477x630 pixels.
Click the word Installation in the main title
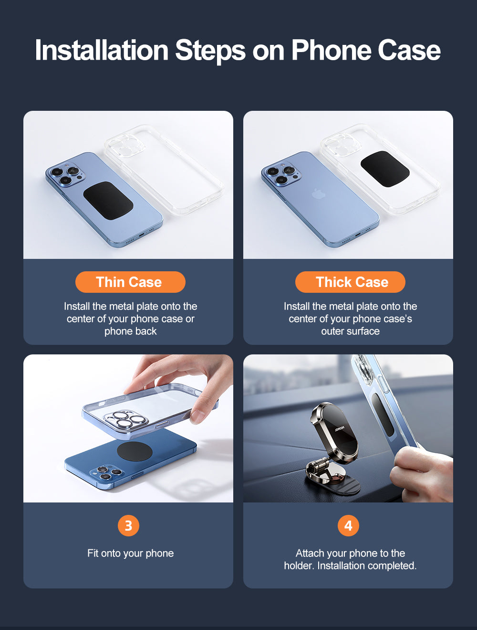102,50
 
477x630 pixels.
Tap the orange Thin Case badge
130,282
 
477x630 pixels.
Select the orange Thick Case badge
350,282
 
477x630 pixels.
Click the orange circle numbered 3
128,525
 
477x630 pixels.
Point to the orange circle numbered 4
348,525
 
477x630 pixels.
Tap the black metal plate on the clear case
384,169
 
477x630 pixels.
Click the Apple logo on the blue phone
317,194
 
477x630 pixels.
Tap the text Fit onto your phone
130,553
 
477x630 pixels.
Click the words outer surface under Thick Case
350,331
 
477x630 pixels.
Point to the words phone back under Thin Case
130,331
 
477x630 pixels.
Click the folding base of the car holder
332,479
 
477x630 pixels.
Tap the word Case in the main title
409,50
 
